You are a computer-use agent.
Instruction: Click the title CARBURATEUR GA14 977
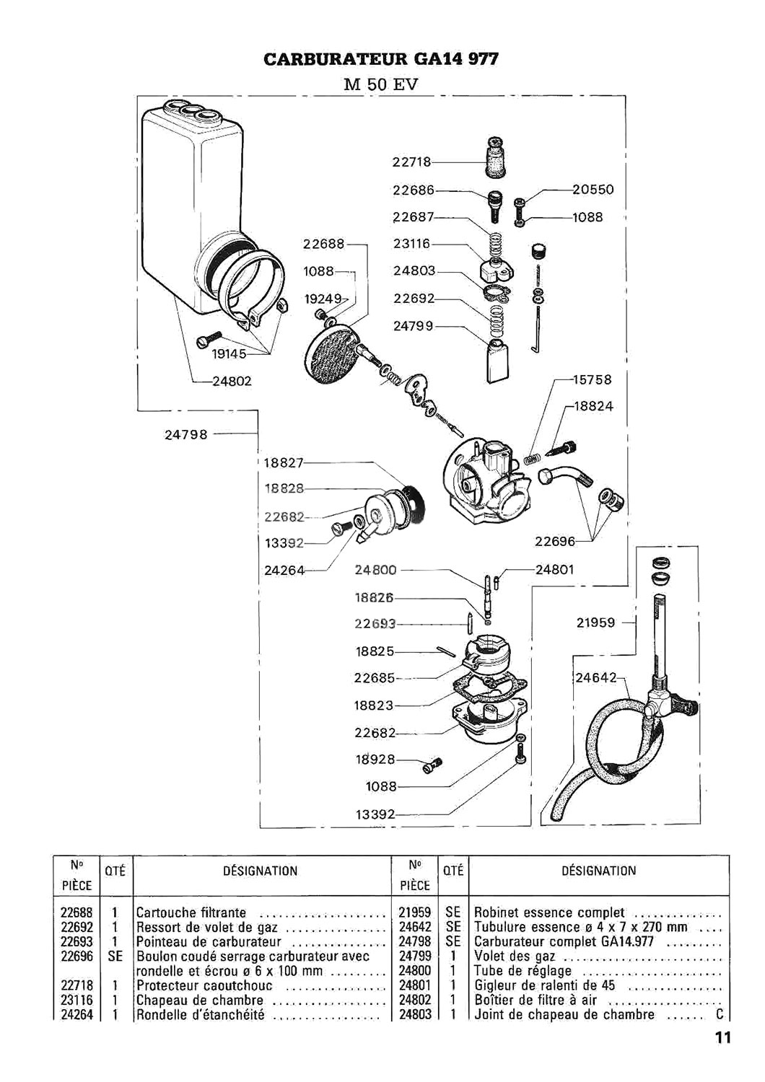pyautogui.click(x=381, y=59)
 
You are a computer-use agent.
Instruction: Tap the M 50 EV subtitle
pyautogui.click(x=381, y=84)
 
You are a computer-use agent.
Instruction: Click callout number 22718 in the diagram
pyautogui.click(x=411, y=162)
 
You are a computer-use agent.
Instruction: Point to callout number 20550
pyautogui.click(x=593, y=189)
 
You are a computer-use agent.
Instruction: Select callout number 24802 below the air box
pyautogui.click(x=232, y=381)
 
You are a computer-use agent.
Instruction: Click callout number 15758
pyautogui.click(x=592, y=379)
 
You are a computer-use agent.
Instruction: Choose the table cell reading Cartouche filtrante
pyautogui.click(x=191, y=912)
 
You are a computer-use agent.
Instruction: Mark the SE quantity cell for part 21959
pyautogui.click(x=453, y=912)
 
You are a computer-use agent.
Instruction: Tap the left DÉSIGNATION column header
pyautogui.click(x=261, y=871)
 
